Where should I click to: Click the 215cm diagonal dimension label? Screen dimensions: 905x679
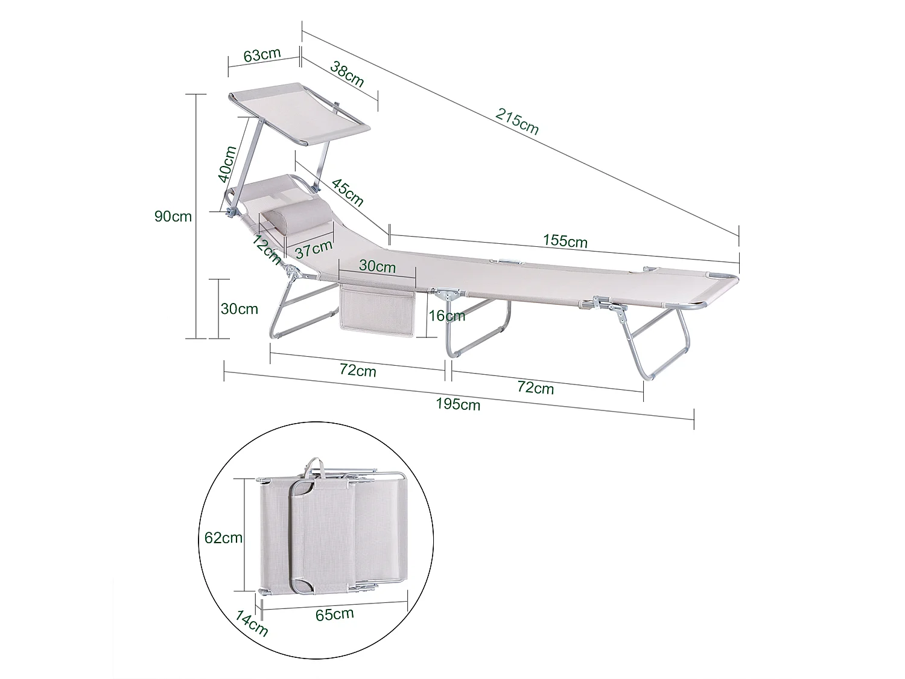[517, 120]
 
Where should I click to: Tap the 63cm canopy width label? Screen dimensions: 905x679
[262, 54]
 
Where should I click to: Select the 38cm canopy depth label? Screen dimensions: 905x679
[347, 74]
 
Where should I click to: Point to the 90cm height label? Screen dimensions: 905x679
[173, 215]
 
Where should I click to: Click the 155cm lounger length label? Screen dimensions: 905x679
[564, 241]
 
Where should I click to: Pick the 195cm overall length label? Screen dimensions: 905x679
[458, 404]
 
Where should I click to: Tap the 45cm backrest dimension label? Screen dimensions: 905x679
[348, 191]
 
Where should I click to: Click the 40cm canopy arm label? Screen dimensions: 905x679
[228, 164]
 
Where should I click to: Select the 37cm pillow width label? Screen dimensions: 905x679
[314, 248]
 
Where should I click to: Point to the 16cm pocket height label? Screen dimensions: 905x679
[447, 315]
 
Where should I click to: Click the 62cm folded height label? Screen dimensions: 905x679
[223, 537]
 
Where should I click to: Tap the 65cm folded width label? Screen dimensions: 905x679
[334, 614]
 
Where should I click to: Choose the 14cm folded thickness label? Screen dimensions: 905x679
[252, 623]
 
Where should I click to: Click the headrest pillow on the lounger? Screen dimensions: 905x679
[296, 215]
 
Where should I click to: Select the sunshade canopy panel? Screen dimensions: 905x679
[300, 111]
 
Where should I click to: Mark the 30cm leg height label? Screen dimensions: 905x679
[239, 308]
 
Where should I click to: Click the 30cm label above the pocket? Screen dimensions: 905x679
[377, 266]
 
